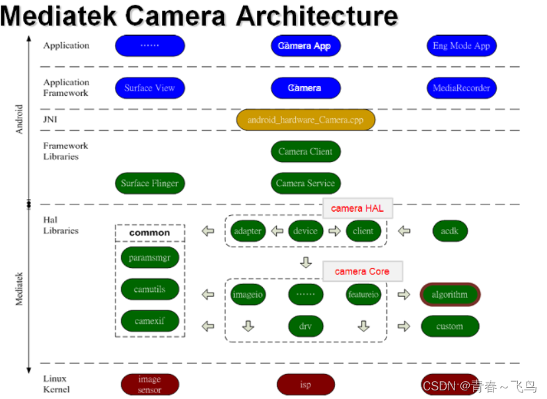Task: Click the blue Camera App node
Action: coord(305,46)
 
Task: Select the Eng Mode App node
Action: coord(461,46)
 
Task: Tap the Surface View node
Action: coord(149,88)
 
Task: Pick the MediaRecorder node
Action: coord(461,88)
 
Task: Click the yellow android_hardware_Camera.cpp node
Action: coord(305,120)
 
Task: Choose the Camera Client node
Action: coord(305,152)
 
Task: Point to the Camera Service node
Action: coord(305,183)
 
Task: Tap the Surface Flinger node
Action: coord(149,183)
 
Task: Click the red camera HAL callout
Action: coord(357,208)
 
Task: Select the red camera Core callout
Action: coord(362,271)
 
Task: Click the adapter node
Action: coord(248,231)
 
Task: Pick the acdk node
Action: coord(450,231)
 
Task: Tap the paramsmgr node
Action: coord(150,257)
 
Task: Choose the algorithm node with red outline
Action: coord(450,294)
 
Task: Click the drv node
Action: coord(305,326)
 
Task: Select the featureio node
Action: coord(363,294)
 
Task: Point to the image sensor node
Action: coord(149,384)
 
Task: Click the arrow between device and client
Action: coord(334,231)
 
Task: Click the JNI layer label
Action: coord(50,119)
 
